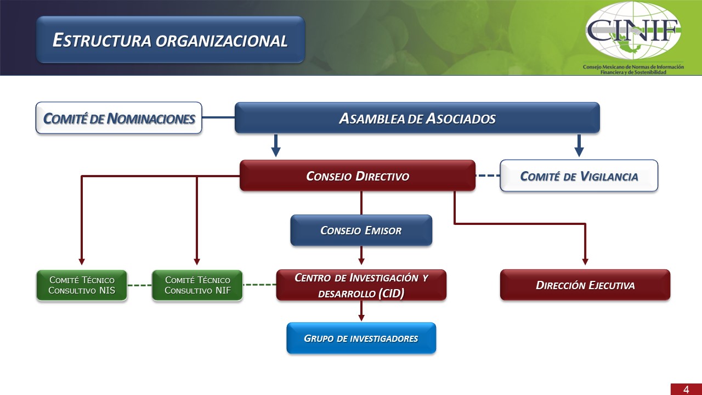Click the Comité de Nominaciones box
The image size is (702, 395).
pyautogui.click(x=119, y=118)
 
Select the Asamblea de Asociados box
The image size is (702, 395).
pyautogui.click(x=417, y=118)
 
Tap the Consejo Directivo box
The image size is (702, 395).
pyautogui.click(x=358, y=176)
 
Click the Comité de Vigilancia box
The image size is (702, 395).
pyautogui.click(x=579, y=176)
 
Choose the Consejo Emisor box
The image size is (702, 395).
pyautogui.click(x=361, y=230)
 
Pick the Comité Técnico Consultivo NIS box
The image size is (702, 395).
pyautogui.click(x=82, y=285)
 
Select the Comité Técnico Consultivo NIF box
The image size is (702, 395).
pyautogui.click(x=197, y=285)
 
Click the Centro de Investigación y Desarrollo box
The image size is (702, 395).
pyautogui.click(x=361, y=285)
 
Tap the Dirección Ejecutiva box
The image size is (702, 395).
pyautogui.click(x=585, y=285)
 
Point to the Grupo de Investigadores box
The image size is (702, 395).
pyautogui.click(x=361, y=338)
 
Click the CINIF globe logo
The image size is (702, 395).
pyautogui.click(x=633, y=31)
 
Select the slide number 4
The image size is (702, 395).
pyautogui.click(x=686, y=390)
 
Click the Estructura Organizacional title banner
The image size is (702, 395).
pyautogui.click(x=171, y=40)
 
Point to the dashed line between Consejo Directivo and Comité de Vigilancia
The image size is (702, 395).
pyautogui.click(x=488, y=176)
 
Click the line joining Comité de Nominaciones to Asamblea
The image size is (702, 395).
pyautogui.click(x=218, y=117)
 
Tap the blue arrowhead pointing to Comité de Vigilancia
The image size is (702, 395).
pyautogui.click(x=579, y=153)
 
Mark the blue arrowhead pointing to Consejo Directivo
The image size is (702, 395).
pyautogui.click(x=276, y=153)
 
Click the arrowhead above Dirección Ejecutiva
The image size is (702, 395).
pyautogui.click(x=585, y=262)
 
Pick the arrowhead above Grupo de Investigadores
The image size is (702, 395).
pyautogui.click(x=361, y=318)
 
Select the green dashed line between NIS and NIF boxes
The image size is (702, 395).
pyautogui.click(x=139, y=285)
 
